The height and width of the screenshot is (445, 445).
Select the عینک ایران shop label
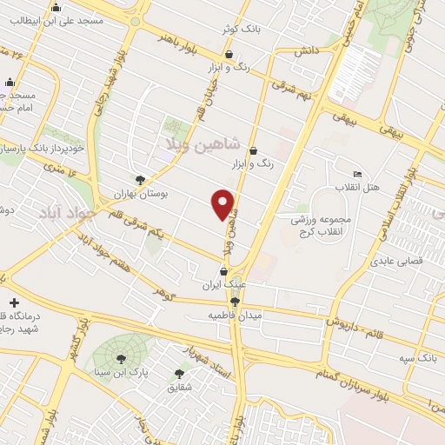tap(218, 284)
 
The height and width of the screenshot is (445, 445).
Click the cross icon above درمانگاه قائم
tap(13, 302)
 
